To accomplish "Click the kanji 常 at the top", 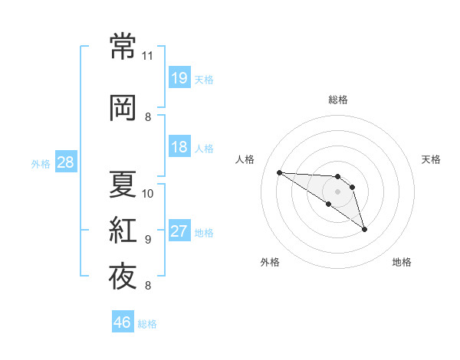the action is pos(123,46).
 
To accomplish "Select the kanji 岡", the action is pos(123,107).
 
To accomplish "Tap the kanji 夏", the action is pos(123,184).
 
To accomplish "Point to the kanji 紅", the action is pos(123,230).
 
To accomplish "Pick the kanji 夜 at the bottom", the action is pos(123,277).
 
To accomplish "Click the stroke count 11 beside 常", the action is pos(147,56).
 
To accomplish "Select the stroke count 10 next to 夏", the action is pos(147,194).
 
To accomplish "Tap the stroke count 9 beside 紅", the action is pos(148,240).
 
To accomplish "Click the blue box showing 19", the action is pos(179,77).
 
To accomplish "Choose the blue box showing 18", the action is pos(179,146).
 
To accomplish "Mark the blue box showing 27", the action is pos(179,230).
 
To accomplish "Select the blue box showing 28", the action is pos(66,162).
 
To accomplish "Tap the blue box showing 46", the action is pos(123,321).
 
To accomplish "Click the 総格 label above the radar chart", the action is pos(338,100).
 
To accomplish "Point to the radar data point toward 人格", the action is pos(280,172).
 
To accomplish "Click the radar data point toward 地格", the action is pos(364,230).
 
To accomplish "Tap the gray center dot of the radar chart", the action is pos(337,191).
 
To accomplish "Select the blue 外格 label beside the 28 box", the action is pos(41,164).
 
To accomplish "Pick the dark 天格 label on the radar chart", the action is pos(431,159).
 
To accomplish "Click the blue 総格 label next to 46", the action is pos(147,324).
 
